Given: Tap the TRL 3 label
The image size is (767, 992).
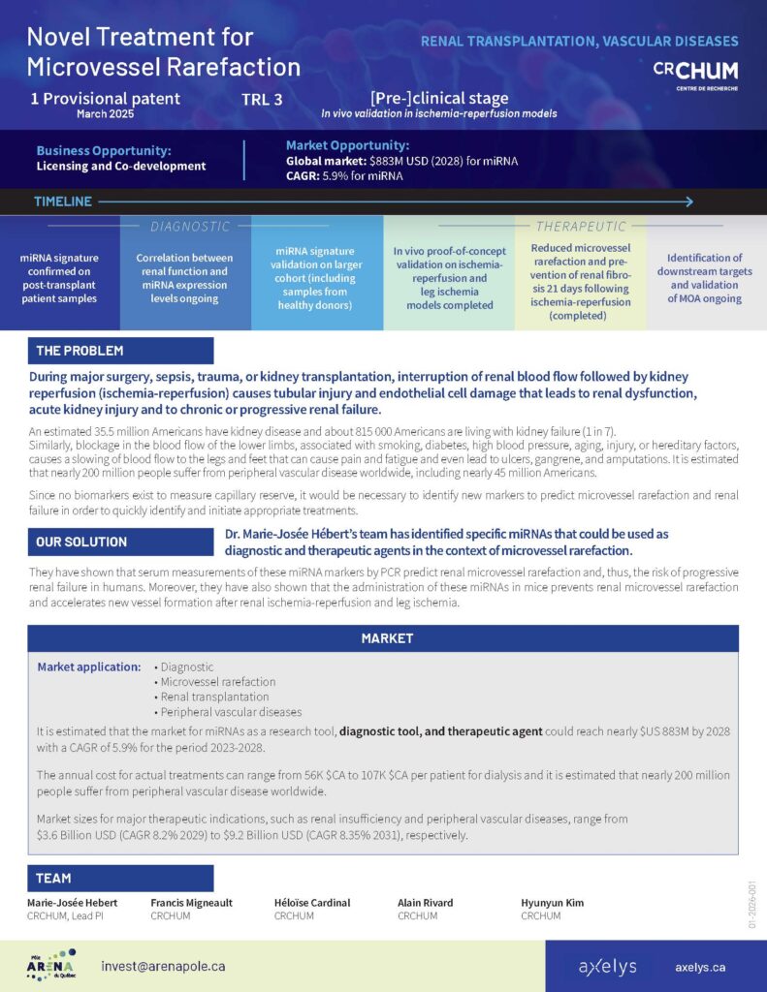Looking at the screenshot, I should pyautogui.click(x=263, y=99).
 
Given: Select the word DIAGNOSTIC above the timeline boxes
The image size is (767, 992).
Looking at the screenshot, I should pyautogui.click(x=190, y=227).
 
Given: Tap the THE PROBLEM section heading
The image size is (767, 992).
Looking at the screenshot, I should pyautogui.click(x=80, y=350).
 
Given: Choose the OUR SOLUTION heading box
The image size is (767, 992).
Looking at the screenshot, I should pyautogui.click(x=81, y=542).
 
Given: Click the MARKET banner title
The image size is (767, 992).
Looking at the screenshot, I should pyautogui.click(x=387, y=638).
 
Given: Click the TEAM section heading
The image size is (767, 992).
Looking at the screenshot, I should pyautogui.click(x=53, y=878).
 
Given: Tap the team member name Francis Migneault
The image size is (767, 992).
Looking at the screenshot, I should pyautogui.click(x=191, y=903).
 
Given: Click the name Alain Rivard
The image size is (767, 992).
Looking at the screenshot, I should pyautogui.click(x=425, y=903).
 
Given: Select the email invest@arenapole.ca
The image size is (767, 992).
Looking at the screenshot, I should pyautogui.click(x=163, y=966).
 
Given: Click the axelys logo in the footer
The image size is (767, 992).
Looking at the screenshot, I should pyautogui.click(x=607, y=967).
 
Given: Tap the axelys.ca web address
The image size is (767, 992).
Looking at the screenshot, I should pyautogui.click(x=700, y=967).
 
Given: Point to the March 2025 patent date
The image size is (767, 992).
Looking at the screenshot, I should pyautogui.click(x=105, y=113).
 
